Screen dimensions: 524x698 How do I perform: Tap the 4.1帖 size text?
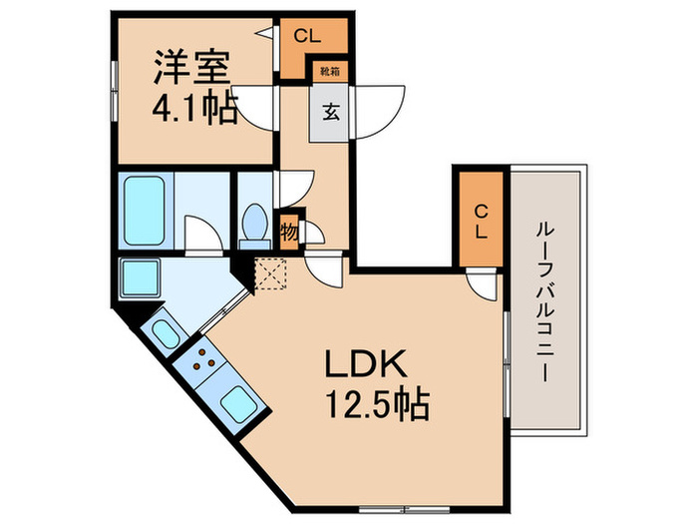[194, 107]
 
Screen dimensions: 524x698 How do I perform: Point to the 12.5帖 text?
[374, 405]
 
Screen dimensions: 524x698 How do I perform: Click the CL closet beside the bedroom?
[306, 37]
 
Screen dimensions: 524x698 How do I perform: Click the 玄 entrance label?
[330, 112]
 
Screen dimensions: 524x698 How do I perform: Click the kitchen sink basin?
[238, 405]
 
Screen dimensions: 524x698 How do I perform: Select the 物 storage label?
[288, 232]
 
